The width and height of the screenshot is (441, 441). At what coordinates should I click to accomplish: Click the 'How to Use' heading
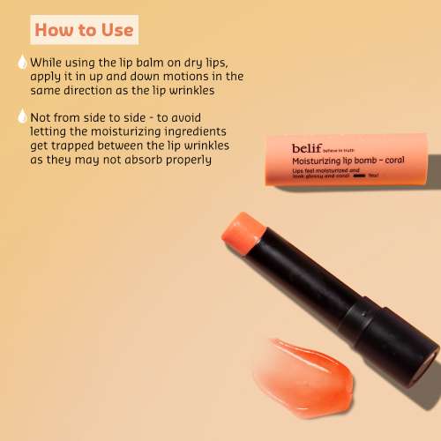point(85,29)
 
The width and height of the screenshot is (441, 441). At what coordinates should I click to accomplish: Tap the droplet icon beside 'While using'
point(21,63)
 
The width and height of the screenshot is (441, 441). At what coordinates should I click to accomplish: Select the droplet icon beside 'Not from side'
point(21,116)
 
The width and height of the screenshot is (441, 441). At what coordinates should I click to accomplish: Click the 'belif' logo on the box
point(308,148)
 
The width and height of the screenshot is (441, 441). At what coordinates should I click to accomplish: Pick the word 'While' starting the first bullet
point(47,63)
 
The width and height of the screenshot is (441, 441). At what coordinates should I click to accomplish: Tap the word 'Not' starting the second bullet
point(41,116)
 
